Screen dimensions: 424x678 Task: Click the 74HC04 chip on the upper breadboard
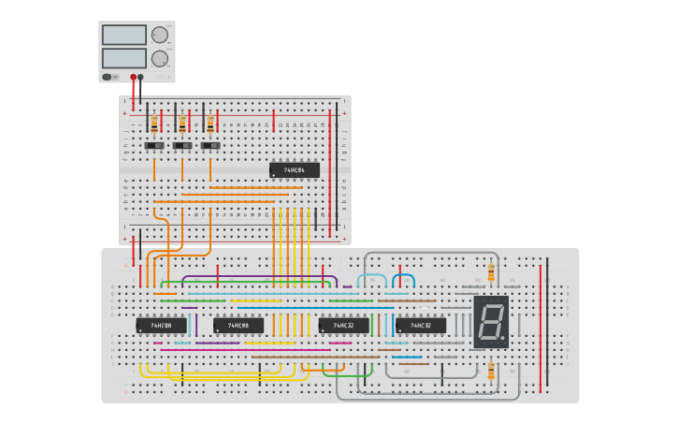pos(295,170)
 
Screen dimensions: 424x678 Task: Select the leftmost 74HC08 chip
pos(161,326)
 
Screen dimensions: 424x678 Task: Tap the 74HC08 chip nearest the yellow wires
pos(238,326)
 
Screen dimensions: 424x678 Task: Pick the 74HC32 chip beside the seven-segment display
pos(421,326)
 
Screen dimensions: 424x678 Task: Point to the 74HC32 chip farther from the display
pos(343,326)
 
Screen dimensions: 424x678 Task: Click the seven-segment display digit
pos(491,322)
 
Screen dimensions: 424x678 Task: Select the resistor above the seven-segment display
pos(491,271)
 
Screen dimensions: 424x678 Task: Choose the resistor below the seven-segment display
pos(491,372)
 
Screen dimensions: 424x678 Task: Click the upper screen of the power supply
pos(123,35)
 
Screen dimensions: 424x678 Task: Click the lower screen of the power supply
pos(123,58)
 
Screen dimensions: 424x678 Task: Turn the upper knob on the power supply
pos(160,35)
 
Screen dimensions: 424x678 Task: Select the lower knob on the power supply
pos(160,58)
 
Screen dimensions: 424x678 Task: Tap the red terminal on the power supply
pos(134,77)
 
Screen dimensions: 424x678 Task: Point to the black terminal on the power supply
pos(141,77)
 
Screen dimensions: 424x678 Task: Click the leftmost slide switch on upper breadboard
pos(154,146)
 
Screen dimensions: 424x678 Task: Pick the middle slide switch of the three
pos(182,146)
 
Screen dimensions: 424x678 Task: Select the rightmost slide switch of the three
pos(210,146)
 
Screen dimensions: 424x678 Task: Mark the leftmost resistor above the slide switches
pos(154,124)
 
